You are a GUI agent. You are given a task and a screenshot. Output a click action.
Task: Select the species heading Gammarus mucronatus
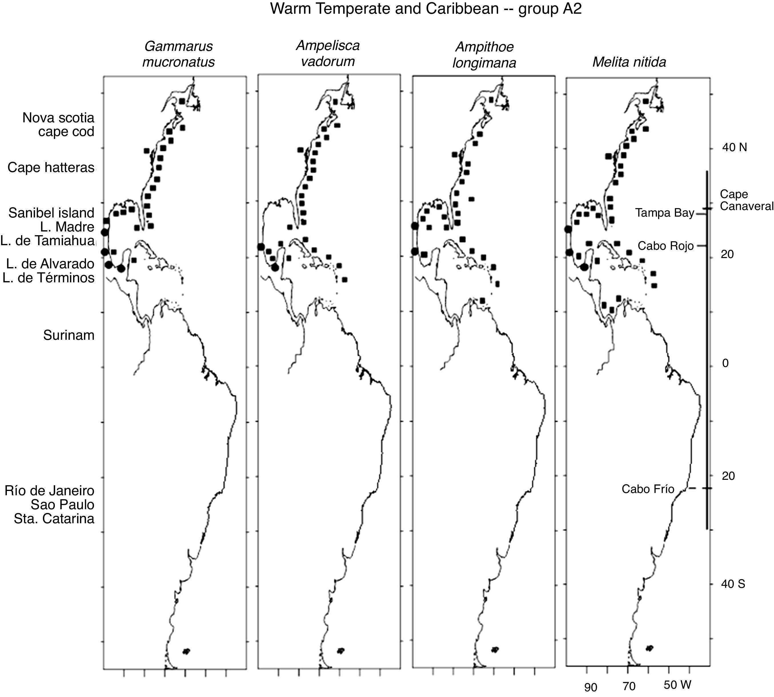(x=179, y=54)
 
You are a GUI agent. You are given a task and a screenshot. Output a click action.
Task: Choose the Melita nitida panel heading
(x=629, y=62)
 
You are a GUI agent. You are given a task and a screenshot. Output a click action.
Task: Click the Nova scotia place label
(x=58, y=117)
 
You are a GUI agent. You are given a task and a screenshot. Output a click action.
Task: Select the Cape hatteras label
(x=51, y=167)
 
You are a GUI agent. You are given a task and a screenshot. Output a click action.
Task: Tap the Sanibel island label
(x=51, y=213)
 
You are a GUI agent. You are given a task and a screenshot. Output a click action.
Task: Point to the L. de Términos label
(x=49, y=278)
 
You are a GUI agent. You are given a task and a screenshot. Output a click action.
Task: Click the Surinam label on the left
(x=69, y=335)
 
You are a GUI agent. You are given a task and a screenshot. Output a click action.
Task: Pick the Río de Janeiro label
(x=49, y=491)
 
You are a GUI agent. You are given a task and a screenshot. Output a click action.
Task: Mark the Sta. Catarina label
(x=54, y=519)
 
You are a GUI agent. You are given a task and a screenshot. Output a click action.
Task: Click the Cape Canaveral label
(x=746, y=200)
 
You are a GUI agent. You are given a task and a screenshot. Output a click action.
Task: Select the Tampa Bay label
(x=665, y=213)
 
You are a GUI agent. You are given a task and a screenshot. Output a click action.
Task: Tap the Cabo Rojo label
(x=665, y=246)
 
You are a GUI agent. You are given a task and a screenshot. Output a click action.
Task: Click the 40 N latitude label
(x=734, y=147)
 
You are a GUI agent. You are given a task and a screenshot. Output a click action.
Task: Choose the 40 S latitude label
(x=733, y=584)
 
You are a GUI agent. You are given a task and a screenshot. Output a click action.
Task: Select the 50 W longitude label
(x=677, y=685)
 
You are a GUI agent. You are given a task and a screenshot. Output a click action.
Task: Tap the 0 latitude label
(x=725, y=363)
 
